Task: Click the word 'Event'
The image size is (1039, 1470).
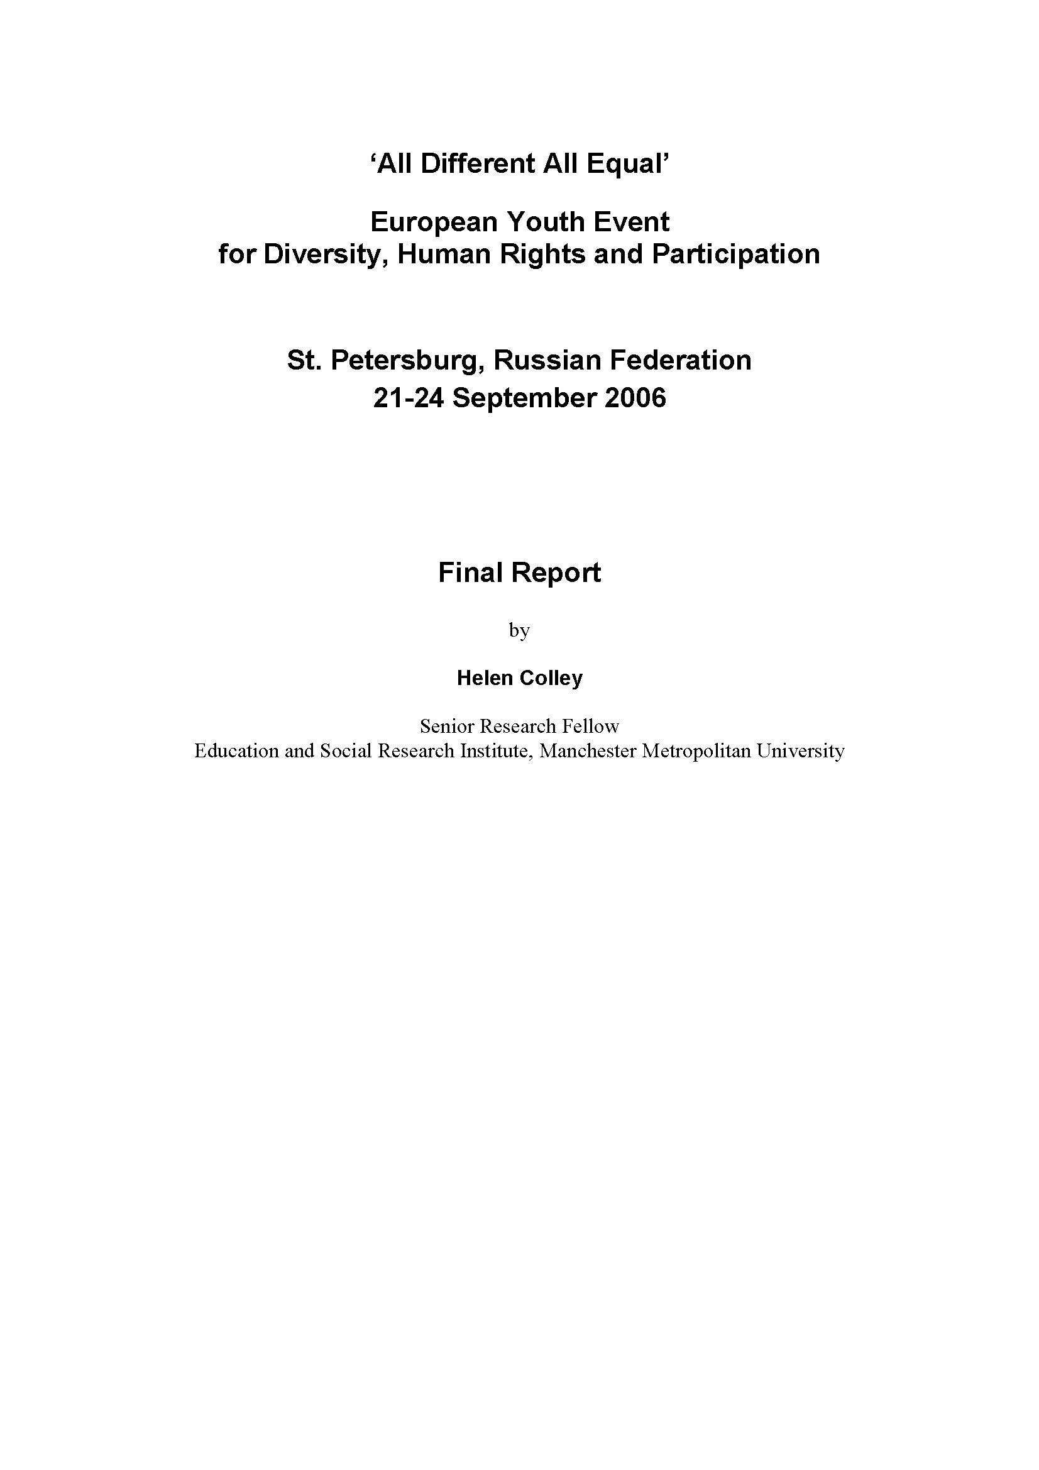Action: click(x=632, y=222)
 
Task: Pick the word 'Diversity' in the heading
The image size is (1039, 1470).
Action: click(x=324, y=254)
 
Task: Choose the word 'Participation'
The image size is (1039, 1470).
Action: click(x=735, y=254)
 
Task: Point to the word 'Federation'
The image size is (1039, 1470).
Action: click(x=681, y=361)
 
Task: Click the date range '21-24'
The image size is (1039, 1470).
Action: click(x=409, y=398)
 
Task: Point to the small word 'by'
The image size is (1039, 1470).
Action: click(x=519, y=630)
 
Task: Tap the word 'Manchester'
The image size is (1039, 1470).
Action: click(x=588, y=750)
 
